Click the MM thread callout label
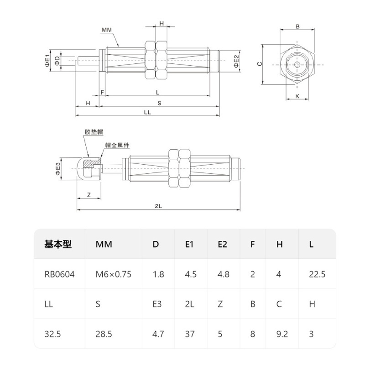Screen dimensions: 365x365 pyautogui.click(x=107, y=30)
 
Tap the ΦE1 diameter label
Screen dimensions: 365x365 pyautogui.click(x=47, y=61)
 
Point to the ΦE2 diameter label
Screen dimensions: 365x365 pyautogui.click(x=236, y=61)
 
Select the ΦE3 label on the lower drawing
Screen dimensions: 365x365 pyautogui.click(x=58, y=169)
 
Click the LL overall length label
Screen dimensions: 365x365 pyautogui.click(x=147, y=112)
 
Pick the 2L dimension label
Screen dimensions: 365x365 pyautogui.click(x=158, y=206)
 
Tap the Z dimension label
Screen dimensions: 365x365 pyautogui.click(x=89, y=195)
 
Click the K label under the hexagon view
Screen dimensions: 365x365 pyautogui.click(x=297, y=96)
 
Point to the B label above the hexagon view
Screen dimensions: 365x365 pyautogui.click(x=297, y=27)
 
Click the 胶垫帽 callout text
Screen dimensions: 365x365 pyautogui.click(x=94, y=132)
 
